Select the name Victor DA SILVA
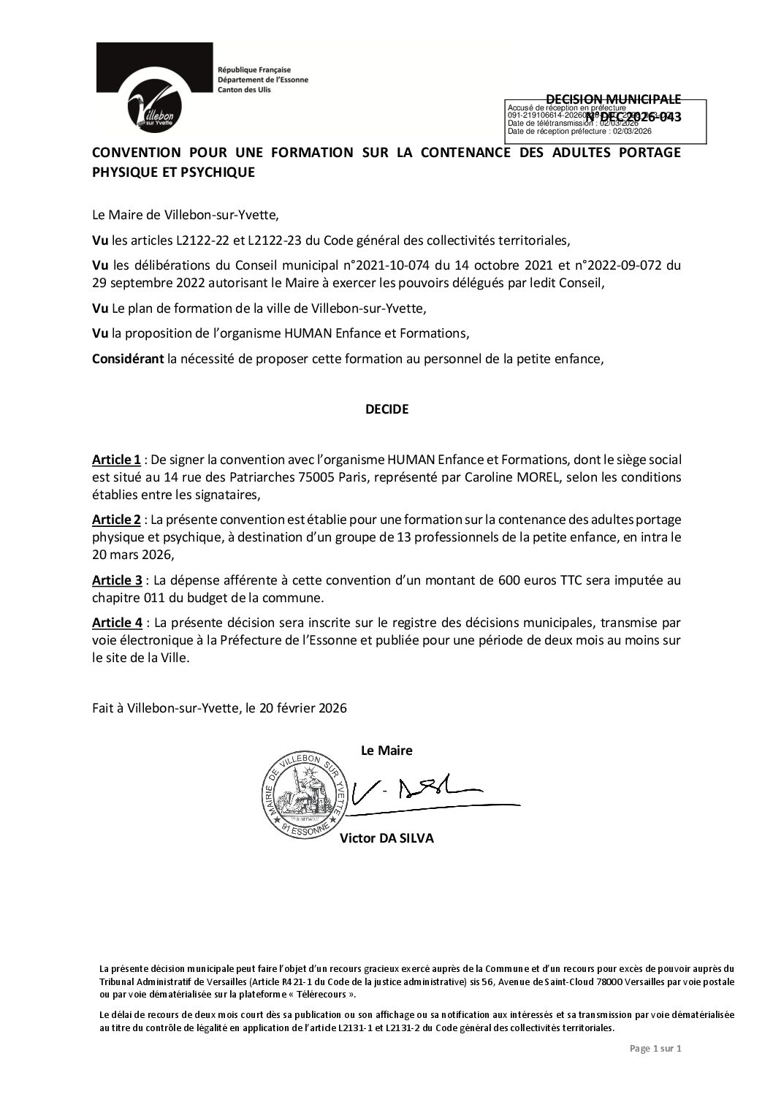point(386,838)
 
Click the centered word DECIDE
point(386,409)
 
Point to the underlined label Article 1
point(116,460)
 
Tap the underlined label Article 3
point(116,580)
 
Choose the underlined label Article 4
point(116,622)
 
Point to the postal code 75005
point(269,476)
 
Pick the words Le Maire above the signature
point(386,751)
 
